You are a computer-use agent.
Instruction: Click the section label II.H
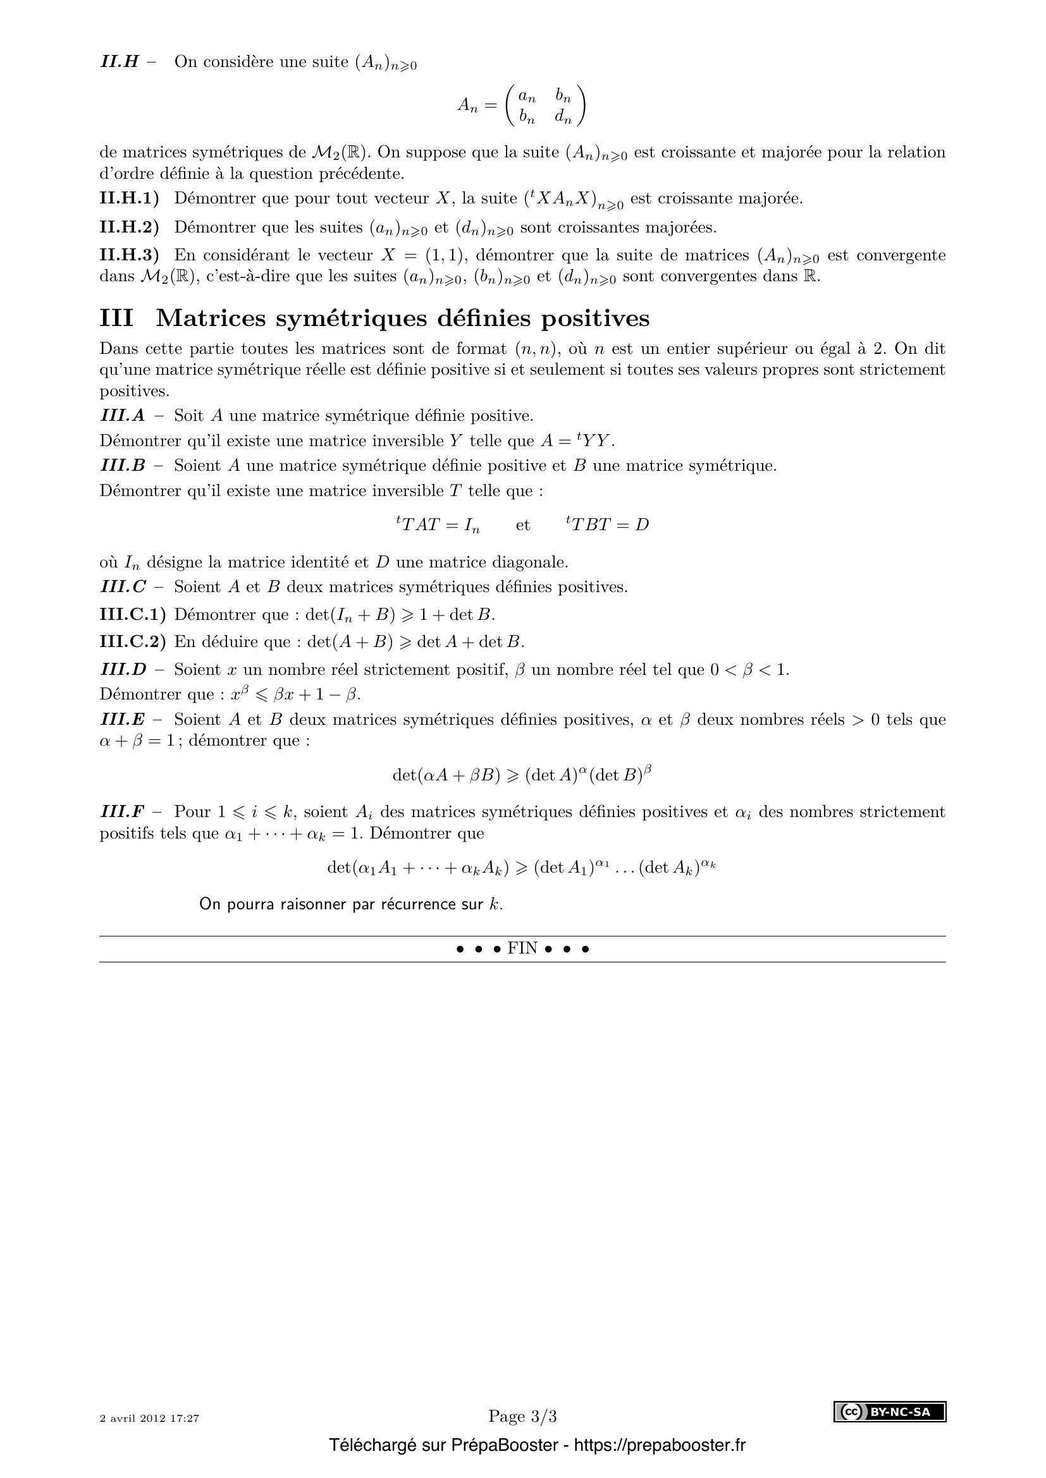click(x=120, y=63)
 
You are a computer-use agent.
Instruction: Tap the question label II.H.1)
click(x=129, y=198)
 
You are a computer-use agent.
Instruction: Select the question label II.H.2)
click(x=129, y=227)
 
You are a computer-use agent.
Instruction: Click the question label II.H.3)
click(x=129, y=255)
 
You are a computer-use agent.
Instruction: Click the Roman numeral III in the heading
click(x=116, y=318)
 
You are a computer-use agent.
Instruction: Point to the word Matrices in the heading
click(x=207, y=318)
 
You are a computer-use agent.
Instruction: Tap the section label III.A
click(x=123, y=416)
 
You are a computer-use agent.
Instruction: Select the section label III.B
click(x=123, y=466)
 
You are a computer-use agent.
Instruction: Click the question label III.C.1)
click(x=132, y=615)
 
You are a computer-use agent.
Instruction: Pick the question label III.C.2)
click(x=132, y=642)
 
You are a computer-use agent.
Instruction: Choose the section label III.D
click(x=123, y=669)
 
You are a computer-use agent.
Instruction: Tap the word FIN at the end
click(x=522, y=949)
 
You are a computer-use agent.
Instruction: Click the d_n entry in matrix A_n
click(x=563, y=116)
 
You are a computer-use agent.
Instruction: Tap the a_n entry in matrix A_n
click(x=527, y=97)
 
